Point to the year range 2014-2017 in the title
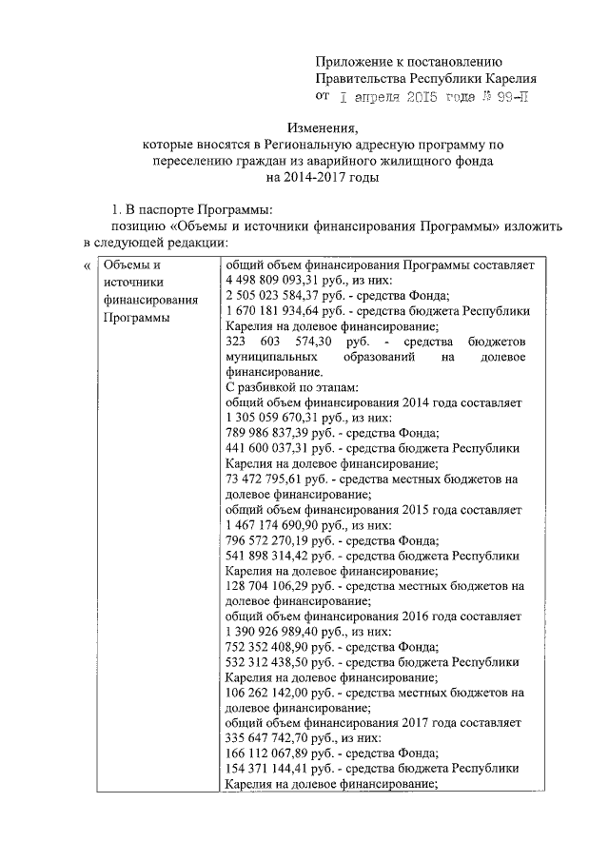coord(309,178)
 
